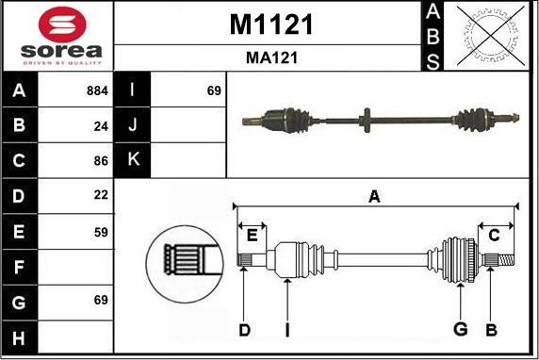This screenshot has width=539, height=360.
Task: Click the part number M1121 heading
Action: (x=271, y=25)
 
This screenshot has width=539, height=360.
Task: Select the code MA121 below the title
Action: (x=271, y=57)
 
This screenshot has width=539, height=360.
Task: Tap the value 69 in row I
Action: (x=213, y=91)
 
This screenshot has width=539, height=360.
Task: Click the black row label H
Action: (x=20, y=336)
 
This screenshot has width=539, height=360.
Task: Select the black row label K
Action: (x=133, y=160)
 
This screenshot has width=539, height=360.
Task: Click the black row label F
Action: (x=20, y=266)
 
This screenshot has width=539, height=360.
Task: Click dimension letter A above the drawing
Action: (x=374, y=197)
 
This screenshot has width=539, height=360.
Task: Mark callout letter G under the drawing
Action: (x=460, y=329)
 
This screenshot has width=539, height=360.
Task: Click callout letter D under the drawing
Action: (x=244, y=329)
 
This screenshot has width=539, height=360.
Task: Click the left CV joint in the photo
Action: (x=287, y=120)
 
